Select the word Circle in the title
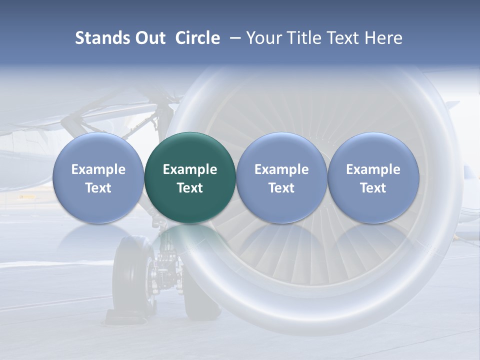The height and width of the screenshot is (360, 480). tap(197, 38)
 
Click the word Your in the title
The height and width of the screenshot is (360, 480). tap(263, 38)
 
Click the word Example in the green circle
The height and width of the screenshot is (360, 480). tap(190, 169)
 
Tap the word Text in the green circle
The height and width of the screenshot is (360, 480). tap(190, 188)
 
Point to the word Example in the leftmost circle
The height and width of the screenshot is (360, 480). tap(98, 169)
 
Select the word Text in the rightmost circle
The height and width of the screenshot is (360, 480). tap(373, 188)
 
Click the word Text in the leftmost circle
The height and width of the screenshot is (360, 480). tap(98, 188)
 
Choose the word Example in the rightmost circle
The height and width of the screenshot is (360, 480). tap(373, 169)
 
